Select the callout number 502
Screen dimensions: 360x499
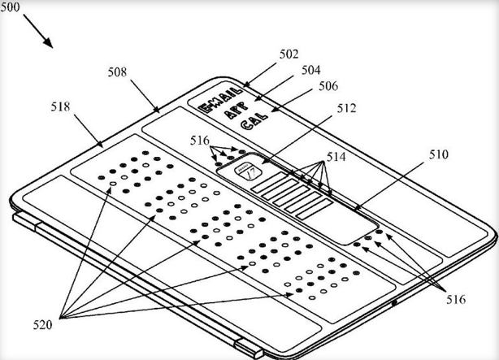[x=289, y=54]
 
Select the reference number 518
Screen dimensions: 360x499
[x=59, y=106]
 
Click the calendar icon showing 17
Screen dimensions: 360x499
[x=246, y=171]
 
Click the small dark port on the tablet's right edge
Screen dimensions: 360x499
[x=395, y=303]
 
